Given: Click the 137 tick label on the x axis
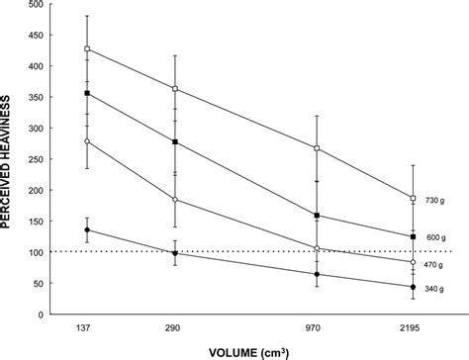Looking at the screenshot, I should pos(87,325).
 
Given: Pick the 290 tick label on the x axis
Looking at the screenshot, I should pos(175,325).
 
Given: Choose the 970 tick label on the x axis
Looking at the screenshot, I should pos(317,325).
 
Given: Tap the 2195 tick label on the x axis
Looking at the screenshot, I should pos(412,325).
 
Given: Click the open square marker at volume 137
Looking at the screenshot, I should pos(87,48).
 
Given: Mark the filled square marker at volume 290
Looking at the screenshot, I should pos(175,142).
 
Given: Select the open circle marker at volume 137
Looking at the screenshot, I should pos(87,141).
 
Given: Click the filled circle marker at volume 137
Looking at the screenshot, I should pos(87,230).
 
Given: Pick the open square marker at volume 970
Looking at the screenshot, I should pos(317,148).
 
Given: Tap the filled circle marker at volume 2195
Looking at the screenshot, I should pos(412,287).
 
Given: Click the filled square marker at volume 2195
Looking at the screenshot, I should pos(412,237).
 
